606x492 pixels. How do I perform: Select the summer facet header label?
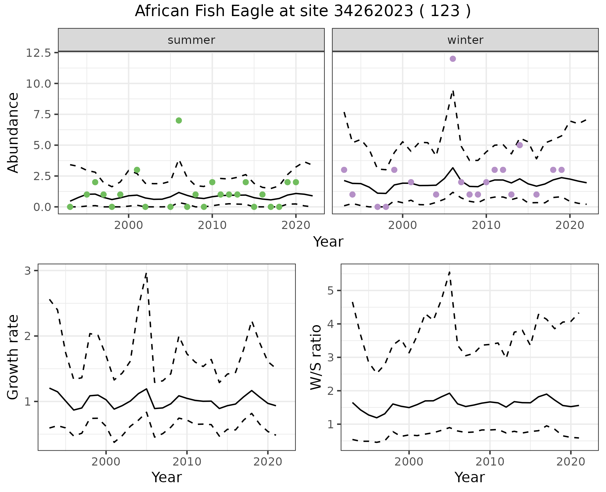(x=191, y=40)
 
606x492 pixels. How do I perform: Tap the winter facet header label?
(x=465, y=40)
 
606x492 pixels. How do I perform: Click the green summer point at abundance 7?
(x=179, y=120)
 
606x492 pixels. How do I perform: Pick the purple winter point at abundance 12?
(x=453, y=59)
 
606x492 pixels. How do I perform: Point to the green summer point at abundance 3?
(x=137, y=170)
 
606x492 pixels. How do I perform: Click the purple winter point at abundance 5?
(x=520, y=145)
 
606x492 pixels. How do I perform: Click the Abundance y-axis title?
(x=13, y=133)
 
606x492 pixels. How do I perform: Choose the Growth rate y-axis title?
(x=13, y=357)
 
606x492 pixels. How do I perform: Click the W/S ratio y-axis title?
(x=316, y=357)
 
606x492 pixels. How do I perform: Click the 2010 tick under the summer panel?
(x=212, y=225)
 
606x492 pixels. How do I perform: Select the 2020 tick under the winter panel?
(x=570, y=225)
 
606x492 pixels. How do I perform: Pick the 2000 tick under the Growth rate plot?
(x=106, y=462)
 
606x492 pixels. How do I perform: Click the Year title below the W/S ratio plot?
(x=470, y=477)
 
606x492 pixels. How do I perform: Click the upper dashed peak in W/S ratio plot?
(x=449, y=272)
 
